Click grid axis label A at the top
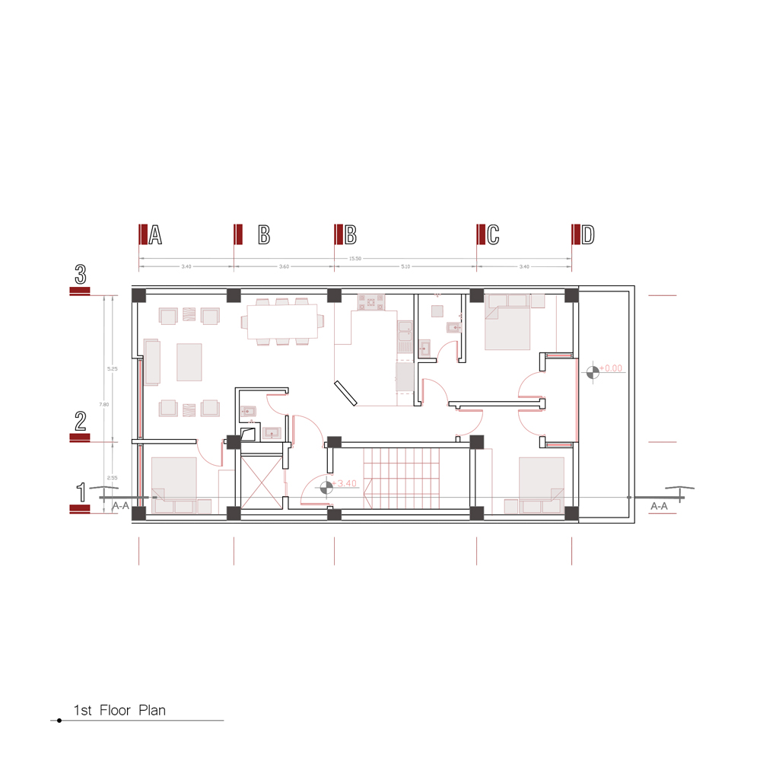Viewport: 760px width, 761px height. (x=155, y=235)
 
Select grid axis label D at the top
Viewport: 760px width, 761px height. (x=587, y=235)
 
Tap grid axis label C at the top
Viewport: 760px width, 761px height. (x=493, y=235)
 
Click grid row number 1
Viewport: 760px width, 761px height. (x=80, y=492)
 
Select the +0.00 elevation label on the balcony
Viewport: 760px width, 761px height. (x=611, y=368)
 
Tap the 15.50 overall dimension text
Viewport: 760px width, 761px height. (x=355, y=259)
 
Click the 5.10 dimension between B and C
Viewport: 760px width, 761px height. (x=405, y=267)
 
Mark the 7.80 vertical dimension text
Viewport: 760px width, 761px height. (x=106, y=404)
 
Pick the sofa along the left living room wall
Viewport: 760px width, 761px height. (x=151, y=361)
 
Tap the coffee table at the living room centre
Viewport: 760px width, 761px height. (x=189, y=361)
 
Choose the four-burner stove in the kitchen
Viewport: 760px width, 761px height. (x=372, y=303)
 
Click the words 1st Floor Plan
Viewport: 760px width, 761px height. (x=119, y=711)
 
